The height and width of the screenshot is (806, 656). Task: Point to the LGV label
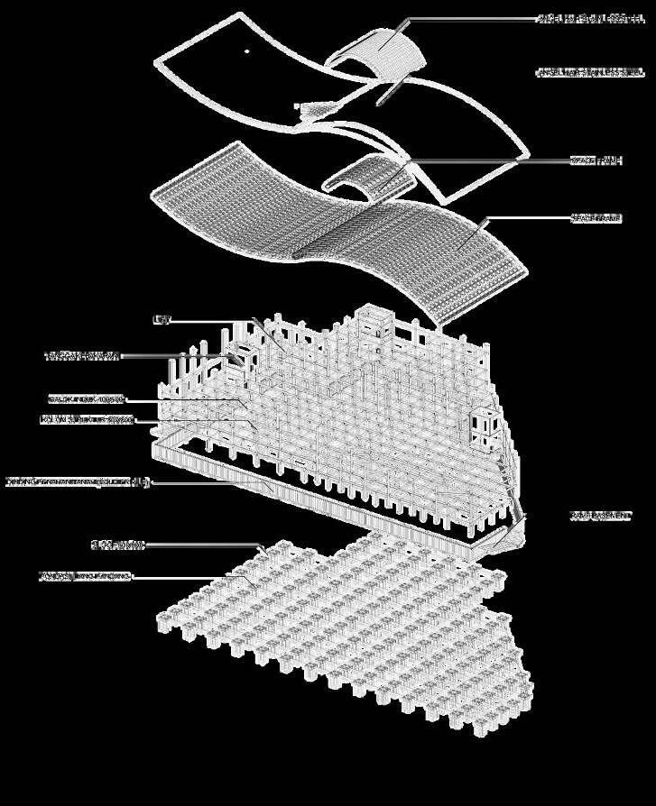tap(162, 319)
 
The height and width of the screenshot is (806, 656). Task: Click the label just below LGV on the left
tap(82, 356)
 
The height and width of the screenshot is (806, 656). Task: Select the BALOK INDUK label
tap(87, 398)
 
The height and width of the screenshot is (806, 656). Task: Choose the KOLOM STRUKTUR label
tap(87, 419)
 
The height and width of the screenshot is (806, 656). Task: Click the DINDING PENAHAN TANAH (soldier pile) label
tap(77, 481)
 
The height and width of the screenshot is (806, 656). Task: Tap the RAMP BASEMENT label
tap(600, 516)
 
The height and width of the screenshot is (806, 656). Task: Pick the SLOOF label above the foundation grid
tap(118, 545)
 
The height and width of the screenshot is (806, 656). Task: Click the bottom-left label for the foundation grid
tap(86, 575)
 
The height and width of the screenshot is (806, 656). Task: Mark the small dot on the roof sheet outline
tap(247, 51)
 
